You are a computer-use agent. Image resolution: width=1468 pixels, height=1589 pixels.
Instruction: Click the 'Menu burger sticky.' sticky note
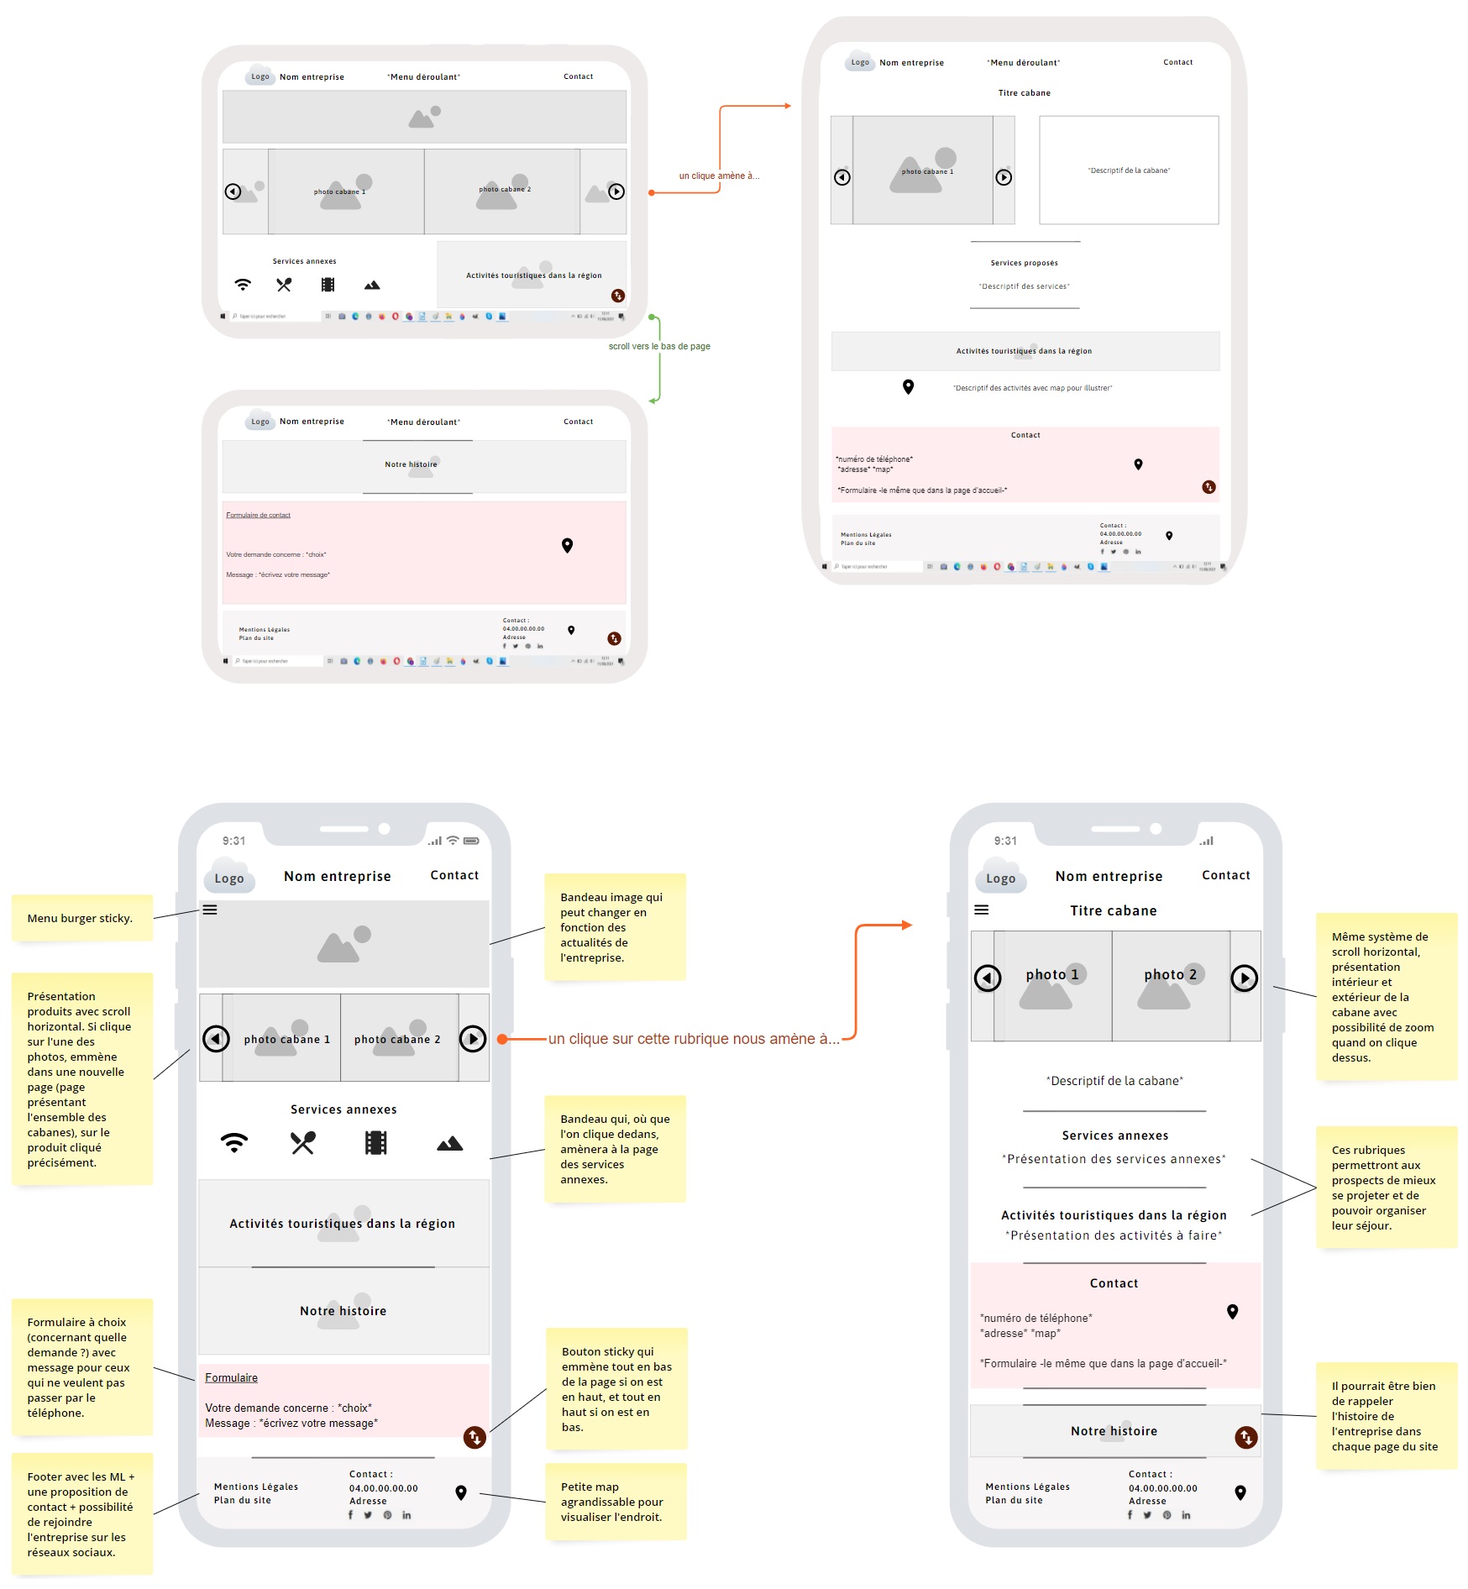pyautogui.click(x=81, y=918)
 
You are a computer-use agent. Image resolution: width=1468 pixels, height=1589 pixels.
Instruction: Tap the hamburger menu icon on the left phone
pyautogui.click(x=210, y=910)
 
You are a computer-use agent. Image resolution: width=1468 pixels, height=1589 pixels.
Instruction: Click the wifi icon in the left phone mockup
pyautogui.click(x=234, y=1143)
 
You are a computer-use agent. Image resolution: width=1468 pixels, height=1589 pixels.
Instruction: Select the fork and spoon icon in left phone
pyautogui.click(x=302, y=1143)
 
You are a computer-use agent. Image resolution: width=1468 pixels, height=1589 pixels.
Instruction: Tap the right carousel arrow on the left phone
pyautogui.click(x=473, y=1039)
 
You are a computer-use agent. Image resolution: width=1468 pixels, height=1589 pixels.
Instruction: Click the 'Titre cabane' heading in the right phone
pyautogui.click(x=1113, y=910)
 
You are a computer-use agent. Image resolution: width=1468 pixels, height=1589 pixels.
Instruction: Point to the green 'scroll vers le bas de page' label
pyautogui.click(x=659, y=346)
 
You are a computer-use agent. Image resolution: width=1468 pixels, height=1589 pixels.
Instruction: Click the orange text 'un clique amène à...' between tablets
pyautogui.click(x=718, y=176)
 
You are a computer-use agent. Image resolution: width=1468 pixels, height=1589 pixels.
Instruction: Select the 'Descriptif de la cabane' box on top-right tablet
pyautogui.click(x=1129, y=170)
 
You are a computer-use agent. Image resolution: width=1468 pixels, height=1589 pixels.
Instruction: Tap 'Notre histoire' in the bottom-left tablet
pyautogui.click(x=411, y=464)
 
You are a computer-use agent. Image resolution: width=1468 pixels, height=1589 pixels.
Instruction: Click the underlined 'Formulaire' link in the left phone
pyautogui.click(x=231, y=1377)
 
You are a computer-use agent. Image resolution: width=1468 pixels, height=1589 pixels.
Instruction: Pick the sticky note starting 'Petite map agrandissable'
pyautogui.click(x=616, y=1502)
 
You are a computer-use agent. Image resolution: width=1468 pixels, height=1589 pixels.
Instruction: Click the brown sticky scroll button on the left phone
pyautogui.click(x=474, y=1437)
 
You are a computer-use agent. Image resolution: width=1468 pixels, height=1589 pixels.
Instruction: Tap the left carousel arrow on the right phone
pyautogui.click(x=988, y=978)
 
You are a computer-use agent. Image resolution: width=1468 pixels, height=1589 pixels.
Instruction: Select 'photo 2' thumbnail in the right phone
pyautogui.click(x=1170, y=985)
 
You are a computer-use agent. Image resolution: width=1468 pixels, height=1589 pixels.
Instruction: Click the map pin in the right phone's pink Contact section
pyautogui.click(x=1232, y=1311)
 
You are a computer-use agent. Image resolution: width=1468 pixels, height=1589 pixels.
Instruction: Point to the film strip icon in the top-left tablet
pyautogui.click(x=328, y=286)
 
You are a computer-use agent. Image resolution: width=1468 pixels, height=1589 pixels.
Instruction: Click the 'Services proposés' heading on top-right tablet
pyautogui.click(x=1024, y=263)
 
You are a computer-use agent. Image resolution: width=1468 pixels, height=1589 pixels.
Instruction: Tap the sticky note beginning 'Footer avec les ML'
pyautogui.click(x=81, y=1513)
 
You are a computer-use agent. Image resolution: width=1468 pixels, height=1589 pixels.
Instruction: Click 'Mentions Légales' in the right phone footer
pyautogui.click(x=1027, y=1487)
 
